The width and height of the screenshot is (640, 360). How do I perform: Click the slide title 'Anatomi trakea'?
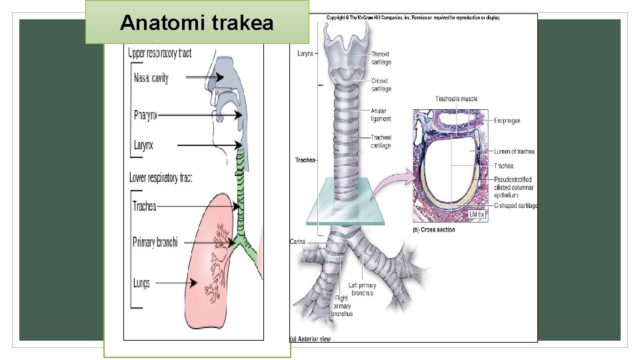click(197, 23)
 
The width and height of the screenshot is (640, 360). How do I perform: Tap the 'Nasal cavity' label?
click(151, 78)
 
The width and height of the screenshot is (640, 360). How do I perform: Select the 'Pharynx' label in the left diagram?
click(145, 115)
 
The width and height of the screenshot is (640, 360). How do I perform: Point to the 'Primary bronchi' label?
click(155, 242)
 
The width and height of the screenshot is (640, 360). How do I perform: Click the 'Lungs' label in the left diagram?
click(141, 283)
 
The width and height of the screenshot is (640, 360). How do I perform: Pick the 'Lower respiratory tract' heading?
click(161, 178)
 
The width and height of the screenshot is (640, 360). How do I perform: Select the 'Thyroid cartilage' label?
click(381, 58)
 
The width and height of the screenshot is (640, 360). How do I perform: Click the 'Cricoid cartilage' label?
click(381, 85)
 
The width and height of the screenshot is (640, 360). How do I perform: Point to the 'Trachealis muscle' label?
click(456, 99)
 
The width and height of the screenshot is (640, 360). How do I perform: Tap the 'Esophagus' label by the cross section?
click(507, 121)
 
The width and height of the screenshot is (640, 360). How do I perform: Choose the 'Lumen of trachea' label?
click(514, 151)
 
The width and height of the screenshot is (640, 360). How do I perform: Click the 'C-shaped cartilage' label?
click(515, 206)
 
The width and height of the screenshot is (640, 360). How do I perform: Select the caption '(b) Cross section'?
click(434, 230)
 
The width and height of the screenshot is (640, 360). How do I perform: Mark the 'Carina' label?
click(297, 241)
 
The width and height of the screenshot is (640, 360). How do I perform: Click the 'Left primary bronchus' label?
click(362, 289)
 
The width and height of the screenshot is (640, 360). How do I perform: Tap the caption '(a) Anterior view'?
click(310, 339)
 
